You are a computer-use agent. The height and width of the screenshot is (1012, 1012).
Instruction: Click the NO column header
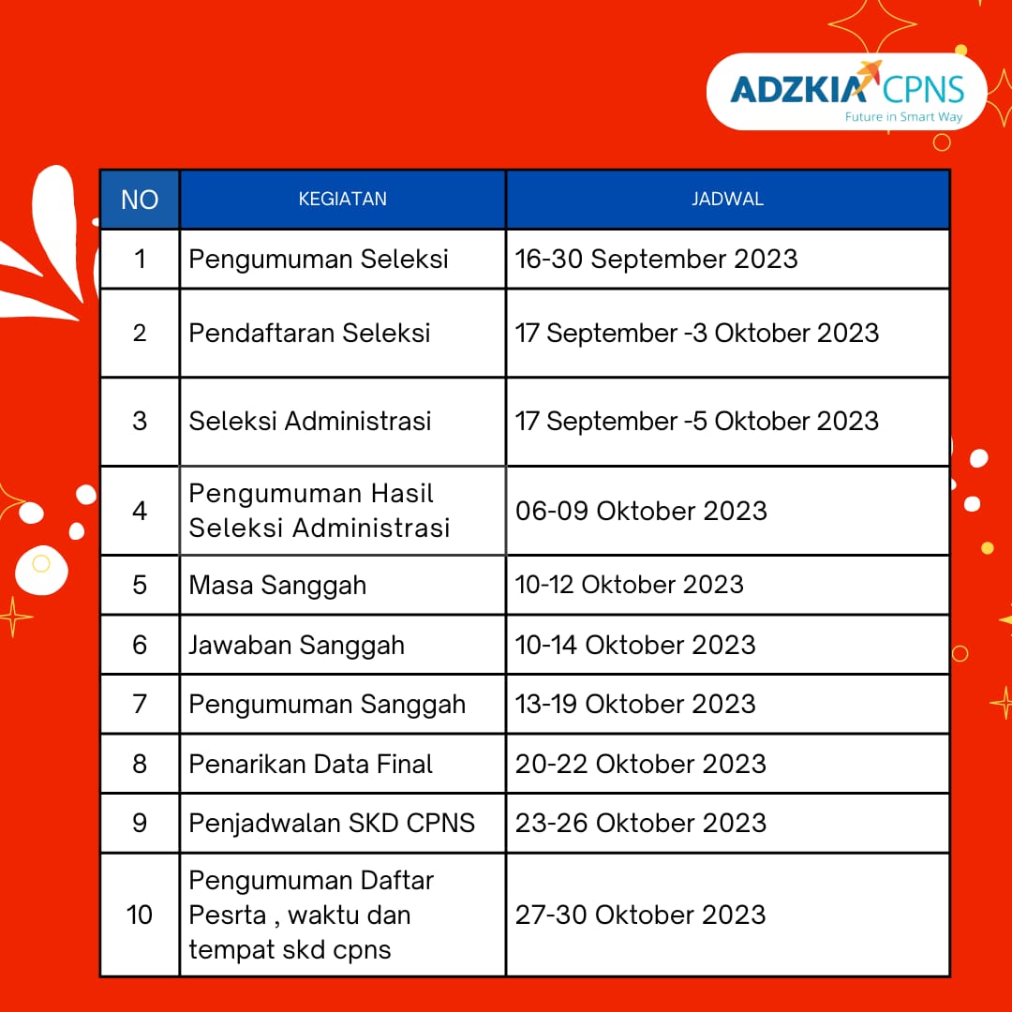[x=140, y=200]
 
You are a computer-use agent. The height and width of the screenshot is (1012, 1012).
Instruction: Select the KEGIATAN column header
[x=343, y=199]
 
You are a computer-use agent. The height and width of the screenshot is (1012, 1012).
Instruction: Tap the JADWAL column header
[x=727, y=199]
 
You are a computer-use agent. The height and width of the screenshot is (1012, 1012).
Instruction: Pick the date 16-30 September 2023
[x=656, y=260]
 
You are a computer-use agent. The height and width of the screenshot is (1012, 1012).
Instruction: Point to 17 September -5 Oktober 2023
[x=697, y=421]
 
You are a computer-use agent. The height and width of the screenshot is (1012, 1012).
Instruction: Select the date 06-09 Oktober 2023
[x=642, y=511]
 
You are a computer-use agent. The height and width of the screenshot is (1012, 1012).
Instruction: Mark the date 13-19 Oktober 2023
[x=635, y=704]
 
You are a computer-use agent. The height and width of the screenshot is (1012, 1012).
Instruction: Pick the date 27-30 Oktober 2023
[x=640, y=915]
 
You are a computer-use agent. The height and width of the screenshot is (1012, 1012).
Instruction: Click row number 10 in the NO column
[x=140, y=915]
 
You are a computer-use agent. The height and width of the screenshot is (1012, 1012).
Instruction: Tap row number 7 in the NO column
[x=140, y=704]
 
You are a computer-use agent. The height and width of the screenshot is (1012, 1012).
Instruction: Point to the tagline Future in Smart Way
[x=903, y=117]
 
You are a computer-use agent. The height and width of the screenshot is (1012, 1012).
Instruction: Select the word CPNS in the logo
[x=923, y=89]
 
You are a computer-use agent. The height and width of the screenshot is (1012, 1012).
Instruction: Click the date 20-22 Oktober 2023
[x=641, y=765]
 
